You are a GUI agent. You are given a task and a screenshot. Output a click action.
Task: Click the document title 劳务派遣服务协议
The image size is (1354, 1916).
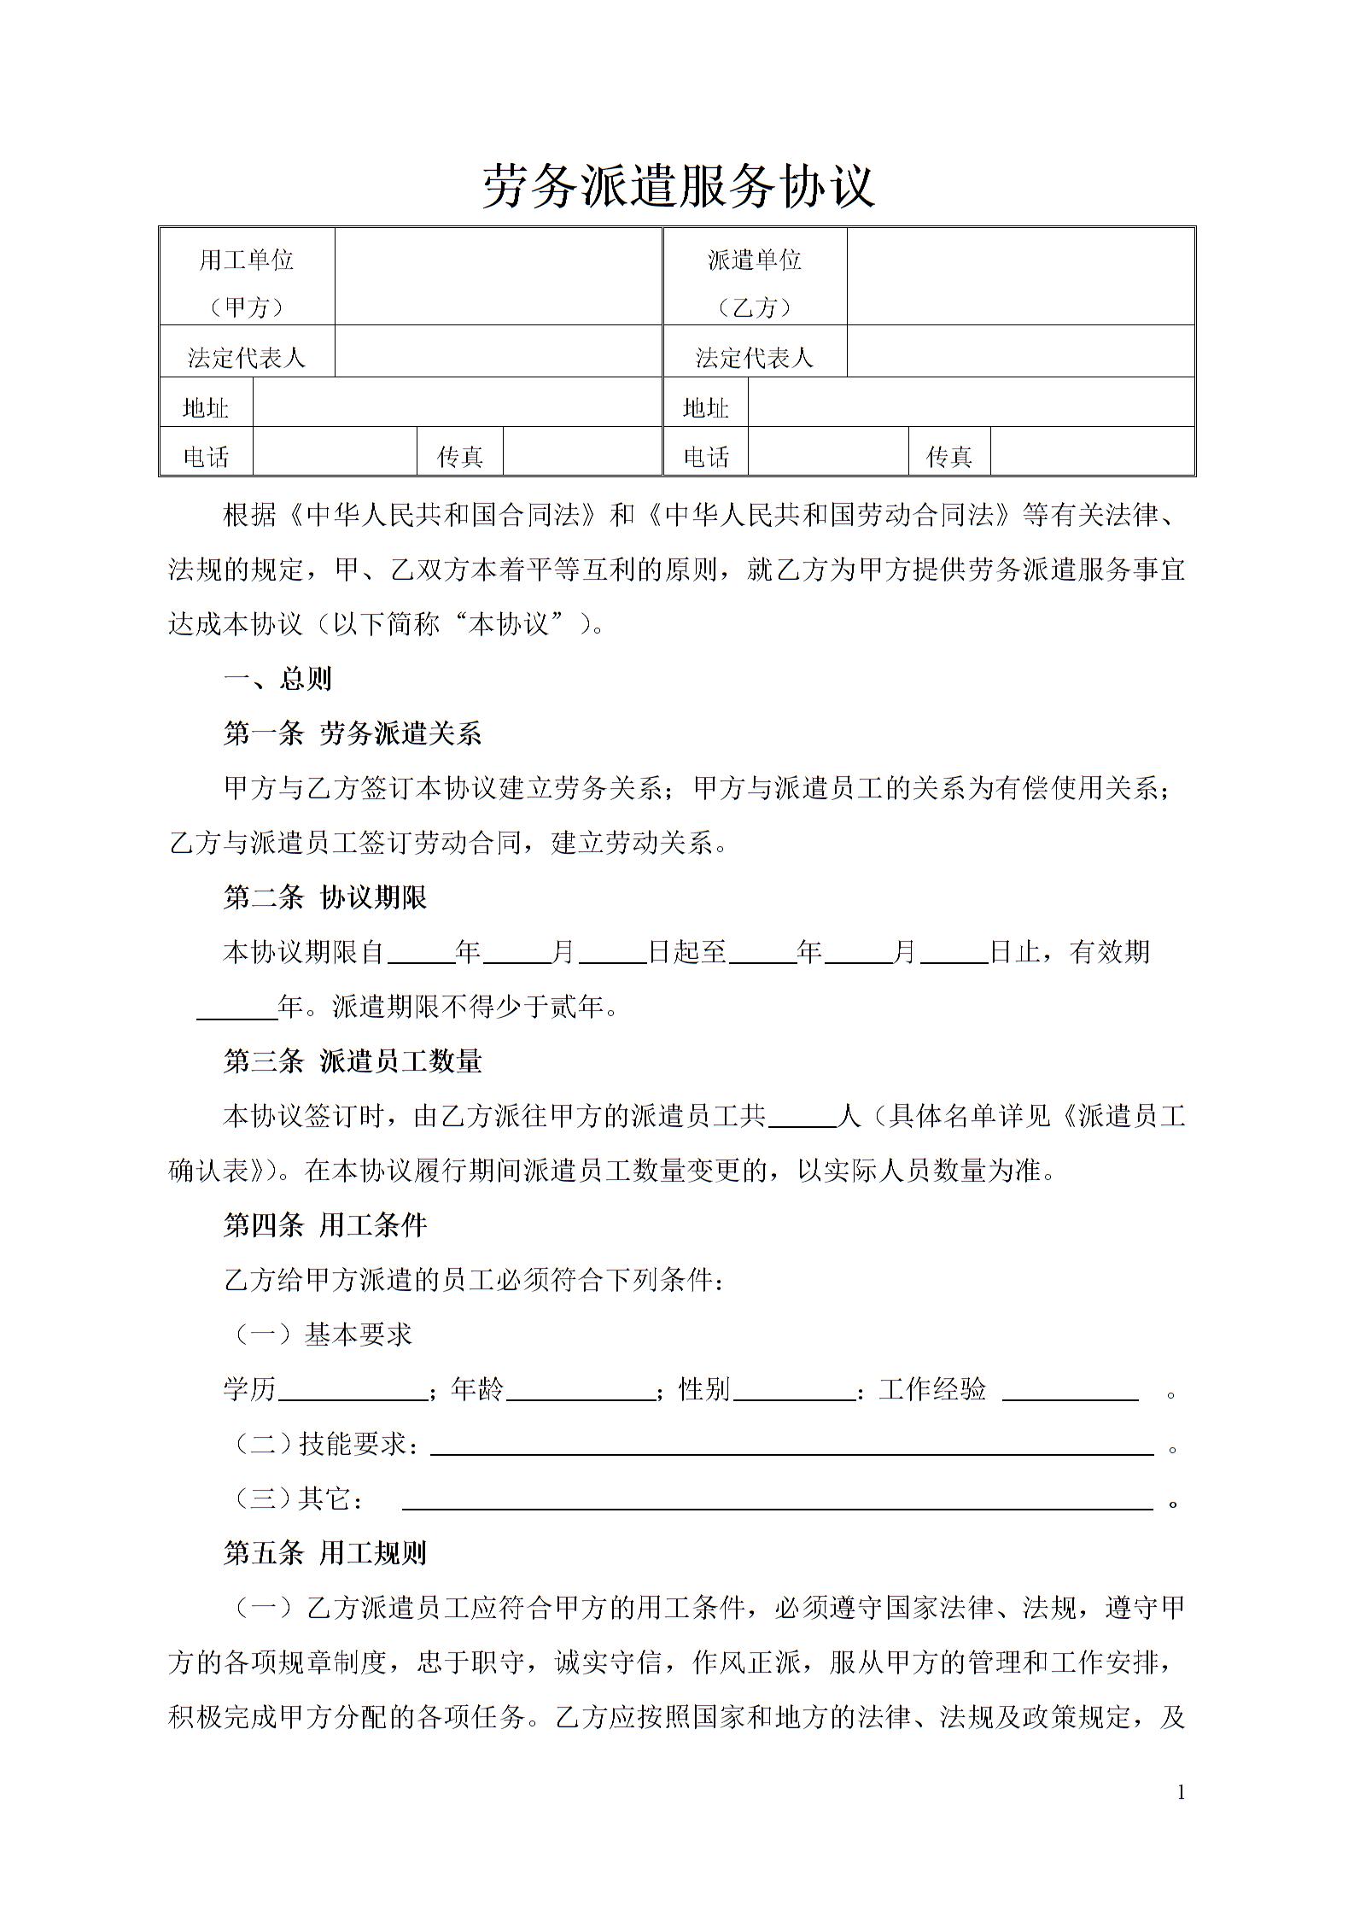click(678, 187)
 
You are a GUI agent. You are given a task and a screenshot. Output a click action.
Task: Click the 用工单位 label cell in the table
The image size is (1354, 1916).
click(246, 277)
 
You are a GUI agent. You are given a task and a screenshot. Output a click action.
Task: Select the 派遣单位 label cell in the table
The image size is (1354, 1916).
click(754, 277)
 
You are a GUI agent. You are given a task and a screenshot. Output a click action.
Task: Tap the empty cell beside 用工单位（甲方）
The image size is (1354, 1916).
click(498, 277)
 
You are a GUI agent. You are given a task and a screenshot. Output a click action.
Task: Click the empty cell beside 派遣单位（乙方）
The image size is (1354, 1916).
click(1019, 277)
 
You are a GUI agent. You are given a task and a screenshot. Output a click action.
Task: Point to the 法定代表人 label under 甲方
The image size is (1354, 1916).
click(246, 357)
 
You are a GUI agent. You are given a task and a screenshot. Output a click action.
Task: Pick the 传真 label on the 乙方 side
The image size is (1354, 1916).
click(948, 457)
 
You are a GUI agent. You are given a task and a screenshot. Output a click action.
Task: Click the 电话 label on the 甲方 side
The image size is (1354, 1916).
click(206, 457)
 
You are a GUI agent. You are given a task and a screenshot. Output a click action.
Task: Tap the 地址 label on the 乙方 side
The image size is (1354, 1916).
click(705, 407)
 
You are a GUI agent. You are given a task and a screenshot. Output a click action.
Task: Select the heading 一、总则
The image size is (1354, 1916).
click(277, 679)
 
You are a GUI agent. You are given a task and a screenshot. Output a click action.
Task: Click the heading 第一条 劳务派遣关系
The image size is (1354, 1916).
click(352, 733)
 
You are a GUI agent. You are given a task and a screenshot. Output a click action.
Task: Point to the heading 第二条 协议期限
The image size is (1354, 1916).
click(324, 897)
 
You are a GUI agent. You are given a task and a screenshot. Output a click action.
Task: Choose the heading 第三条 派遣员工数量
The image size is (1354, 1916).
click(352, 1061)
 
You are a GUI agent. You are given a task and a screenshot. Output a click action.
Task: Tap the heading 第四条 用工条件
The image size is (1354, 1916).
click(324, 1225)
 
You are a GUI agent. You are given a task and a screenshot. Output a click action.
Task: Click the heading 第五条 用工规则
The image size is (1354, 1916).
click(324, 1553)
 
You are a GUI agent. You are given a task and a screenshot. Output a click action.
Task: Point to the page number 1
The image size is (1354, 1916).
click(1181, 1793)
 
